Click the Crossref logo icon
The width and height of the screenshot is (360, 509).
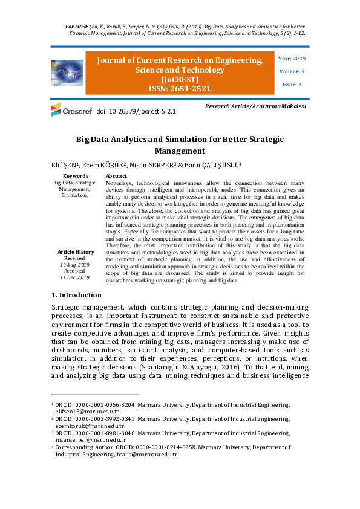click(x=56, y=110)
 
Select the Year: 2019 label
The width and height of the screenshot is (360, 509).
click(x=292, y=59)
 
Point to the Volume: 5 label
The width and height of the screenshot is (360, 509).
click(x=292, y=71)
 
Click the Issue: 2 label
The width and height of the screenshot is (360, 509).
click(x=292, y=85)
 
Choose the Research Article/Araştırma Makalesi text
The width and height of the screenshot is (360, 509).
click(x=255, y=106)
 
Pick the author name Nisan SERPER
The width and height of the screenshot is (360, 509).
click(x=154, y=164)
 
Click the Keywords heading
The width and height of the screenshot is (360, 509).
click(x=75, y=176)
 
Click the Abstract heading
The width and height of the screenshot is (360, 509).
click(x=117, y=176)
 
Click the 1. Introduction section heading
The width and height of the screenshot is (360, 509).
click(x=76, y=295)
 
